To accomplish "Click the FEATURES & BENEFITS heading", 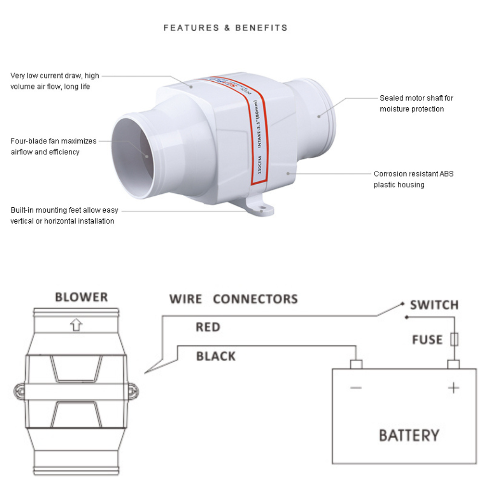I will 225,28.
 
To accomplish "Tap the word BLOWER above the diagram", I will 81,297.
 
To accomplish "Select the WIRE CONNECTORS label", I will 233,299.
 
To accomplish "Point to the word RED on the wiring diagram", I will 208,328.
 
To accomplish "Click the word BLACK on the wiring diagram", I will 216,356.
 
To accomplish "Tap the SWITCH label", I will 434,305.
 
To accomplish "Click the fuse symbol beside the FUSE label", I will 454,340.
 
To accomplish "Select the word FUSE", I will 427,340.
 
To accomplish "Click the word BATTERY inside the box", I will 409,435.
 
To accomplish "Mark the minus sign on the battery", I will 356,388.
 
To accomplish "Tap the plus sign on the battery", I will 454,388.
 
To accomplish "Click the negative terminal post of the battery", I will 356,364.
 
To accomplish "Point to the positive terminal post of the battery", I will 454,364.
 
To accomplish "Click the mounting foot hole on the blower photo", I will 262,210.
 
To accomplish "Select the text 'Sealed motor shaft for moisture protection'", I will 416,103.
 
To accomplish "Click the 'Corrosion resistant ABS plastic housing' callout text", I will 413,179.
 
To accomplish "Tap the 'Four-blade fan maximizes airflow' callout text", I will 53,146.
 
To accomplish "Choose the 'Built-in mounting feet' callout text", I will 64,215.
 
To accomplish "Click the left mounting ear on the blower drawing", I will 18,392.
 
